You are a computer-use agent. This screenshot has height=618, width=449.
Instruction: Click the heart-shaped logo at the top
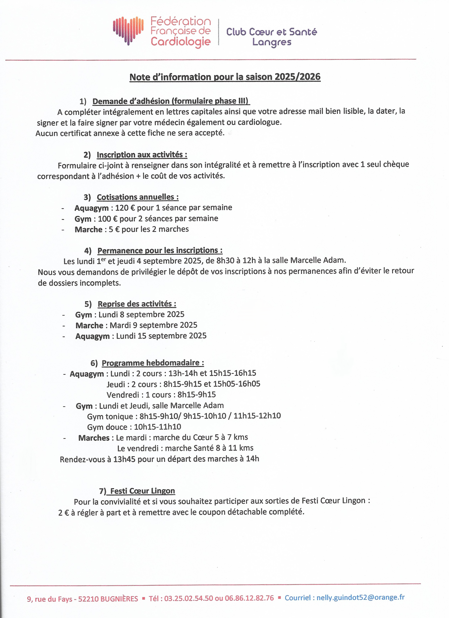pos(128,30)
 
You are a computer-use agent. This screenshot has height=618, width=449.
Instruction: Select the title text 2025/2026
pos(297,77)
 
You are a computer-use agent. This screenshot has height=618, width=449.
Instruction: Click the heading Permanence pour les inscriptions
pos(160,250)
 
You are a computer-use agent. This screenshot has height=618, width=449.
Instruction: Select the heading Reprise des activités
pos(137,304)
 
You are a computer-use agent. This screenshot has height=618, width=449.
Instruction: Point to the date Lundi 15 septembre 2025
pos(161,336)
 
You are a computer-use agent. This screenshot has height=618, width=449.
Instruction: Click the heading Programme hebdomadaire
pos(153,363)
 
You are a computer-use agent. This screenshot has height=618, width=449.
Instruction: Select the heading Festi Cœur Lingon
pos(142,491)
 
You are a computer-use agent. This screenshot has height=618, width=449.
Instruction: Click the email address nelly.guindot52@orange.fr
pos(360,597)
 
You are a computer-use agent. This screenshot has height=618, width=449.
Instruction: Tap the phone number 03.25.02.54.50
pos(188,598)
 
